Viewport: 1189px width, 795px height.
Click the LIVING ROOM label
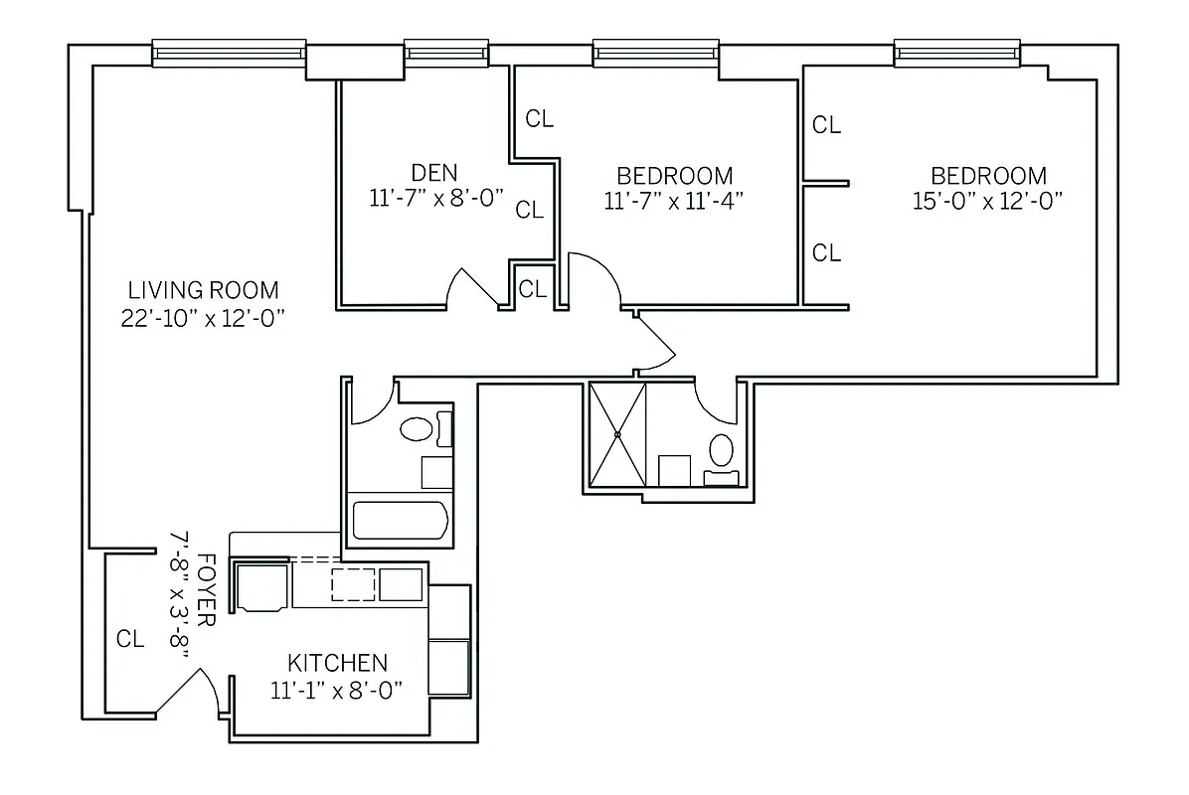click(203, 290)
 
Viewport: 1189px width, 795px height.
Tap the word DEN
click(434, 173)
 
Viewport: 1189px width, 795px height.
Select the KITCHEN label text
click(337, 663)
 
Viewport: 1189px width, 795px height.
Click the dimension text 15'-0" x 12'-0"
click(988, 201)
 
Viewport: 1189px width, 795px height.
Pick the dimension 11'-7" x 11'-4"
click(674, 201)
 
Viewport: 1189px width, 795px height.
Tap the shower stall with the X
click(617, 434)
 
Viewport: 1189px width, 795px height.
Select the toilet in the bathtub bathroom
click(417, 429)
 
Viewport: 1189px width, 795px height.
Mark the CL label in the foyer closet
click(130, 639)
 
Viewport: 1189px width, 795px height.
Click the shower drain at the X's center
click(617, 434)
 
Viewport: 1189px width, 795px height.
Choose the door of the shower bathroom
click(714, 397)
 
